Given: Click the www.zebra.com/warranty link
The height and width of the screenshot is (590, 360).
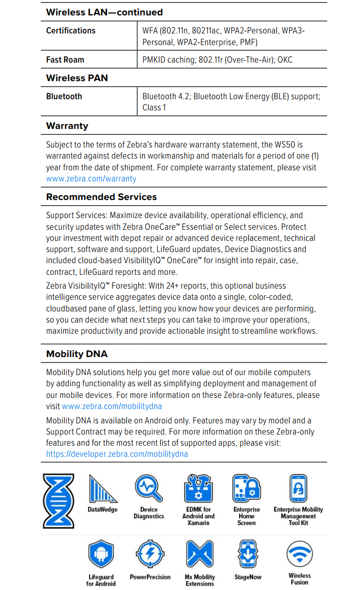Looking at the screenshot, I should point(91,179).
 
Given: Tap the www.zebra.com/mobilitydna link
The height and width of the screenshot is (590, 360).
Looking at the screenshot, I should point(111,406).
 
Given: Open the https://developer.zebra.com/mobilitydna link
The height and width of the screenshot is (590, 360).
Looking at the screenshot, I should point(117,454).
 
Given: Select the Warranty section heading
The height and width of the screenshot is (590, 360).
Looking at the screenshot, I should point(67,126).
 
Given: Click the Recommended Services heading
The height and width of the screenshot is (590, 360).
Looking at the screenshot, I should point(101,197).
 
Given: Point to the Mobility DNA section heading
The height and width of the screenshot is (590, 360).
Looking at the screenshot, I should point(77,354).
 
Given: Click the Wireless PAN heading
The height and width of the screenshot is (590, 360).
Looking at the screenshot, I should point(77,78).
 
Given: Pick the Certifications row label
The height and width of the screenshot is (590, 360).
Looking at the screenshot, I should point(71,31).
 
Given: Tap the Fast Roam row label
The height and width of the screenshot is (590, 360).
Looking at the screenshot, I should point(65,60).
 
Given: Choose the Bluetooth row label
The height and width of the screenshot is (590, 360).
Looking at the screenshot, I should point(64,97).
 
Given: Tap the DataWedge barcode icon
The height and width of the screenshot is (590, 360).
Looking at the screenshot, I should point(102,489).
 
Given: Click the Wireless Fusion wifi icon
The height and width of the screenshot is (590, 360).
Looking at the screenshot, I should point(300,555).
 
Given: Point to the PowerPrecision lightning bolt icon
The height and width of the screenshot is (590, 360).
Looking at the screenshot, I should point(150,555).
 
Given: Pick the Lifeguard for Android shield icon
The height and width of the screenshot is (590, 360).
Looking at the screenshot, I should point(101,555).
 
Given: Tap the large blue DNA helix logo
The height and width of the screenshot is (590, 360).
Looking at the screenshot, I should point(58,501).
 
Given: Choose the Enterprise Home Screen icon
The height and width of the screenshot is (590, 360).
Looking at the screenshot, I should point(247,488).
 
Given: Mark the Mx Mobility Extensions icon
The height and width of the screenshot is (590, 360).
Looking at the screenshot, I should point(199,555).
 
